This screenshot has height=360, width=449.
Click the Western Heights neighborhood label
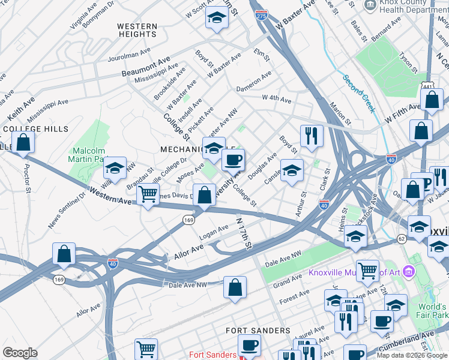click(x=137, y=31)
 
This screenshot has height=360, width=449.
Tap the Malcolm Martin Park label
click(x=89, y=155)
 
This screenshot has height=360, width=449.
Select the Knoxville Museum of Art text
click(x=354, y=273)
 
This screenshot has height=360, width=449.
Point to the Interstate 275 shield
click(x=261, y=15)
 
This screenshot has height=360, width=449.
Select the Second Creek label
click(x=359, y=94)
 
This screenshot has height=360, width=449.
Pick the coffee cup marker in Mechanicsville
click(x=233, y=160)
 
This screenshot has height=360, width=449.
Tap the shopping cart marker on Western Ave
click(x=148, y=194)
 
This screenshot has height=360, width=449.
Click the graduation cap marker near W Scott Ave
click(x=217, y=19)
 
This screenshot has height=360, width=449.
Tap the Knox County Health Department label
click(x=414, y=7)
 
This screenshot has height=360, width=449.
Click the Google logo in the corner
click(x=20, y=353)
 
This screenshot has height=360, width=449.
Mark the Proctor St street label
click(x=27, y=175)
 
